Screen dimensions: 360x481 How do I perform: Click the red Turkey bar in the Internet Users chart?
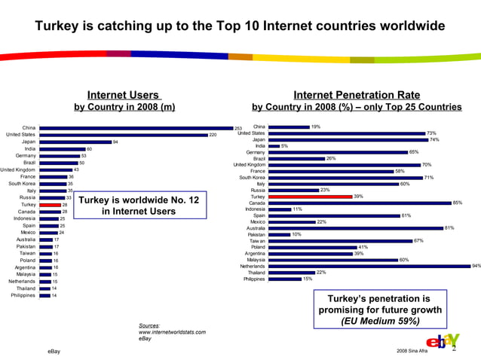pyautogui.click(x=50, y=204)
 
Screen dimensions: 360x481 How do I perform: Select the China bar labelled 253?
pyautogui.click(x=136, y=128)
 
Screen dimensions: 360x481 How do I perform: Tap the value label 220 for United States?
pyautogui.click(x=213, y=135)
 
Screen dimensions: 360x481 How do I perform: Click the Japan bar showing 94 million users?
pyautogui.click(x=75, y=142)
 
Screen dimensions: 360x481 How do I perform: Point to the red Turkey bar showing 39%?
pyautogui.click(x=310, y=197)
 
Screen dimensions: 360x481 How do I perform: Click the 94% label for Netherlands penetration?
pyautogui.click(x=476, y=266)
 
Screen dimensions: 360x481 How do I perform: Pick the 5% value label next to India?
pyautogui.click(x=284, y=146)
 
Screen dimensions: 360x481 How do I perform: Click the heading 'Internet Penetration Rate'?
pyautogui.click(x=356, y=95)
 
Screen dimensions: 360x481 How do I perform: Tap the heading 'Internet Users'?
pyautogui.click(x=124, y=95)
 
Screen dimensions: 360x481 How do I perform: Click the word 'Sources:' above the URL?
pyautogui.click(x=149, y=325)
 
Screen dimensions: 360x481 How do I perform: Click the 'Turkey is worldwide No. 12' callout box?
pyautogui.click(x=139, y=206)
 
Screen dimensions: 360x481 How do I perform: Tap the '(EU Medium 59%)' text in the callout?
pyautogui.click(x=380, y=322)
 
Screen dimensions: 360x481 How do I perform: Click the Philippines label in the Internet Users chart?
pyautogui.click(x=23, y=295)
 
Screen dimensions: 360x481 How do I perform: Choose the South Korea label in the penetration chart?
pyautogui.click(x=252, y=178)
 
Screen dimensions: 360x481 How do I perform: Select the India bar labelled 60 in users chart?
pyautogui.click(x=63, y=149)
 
